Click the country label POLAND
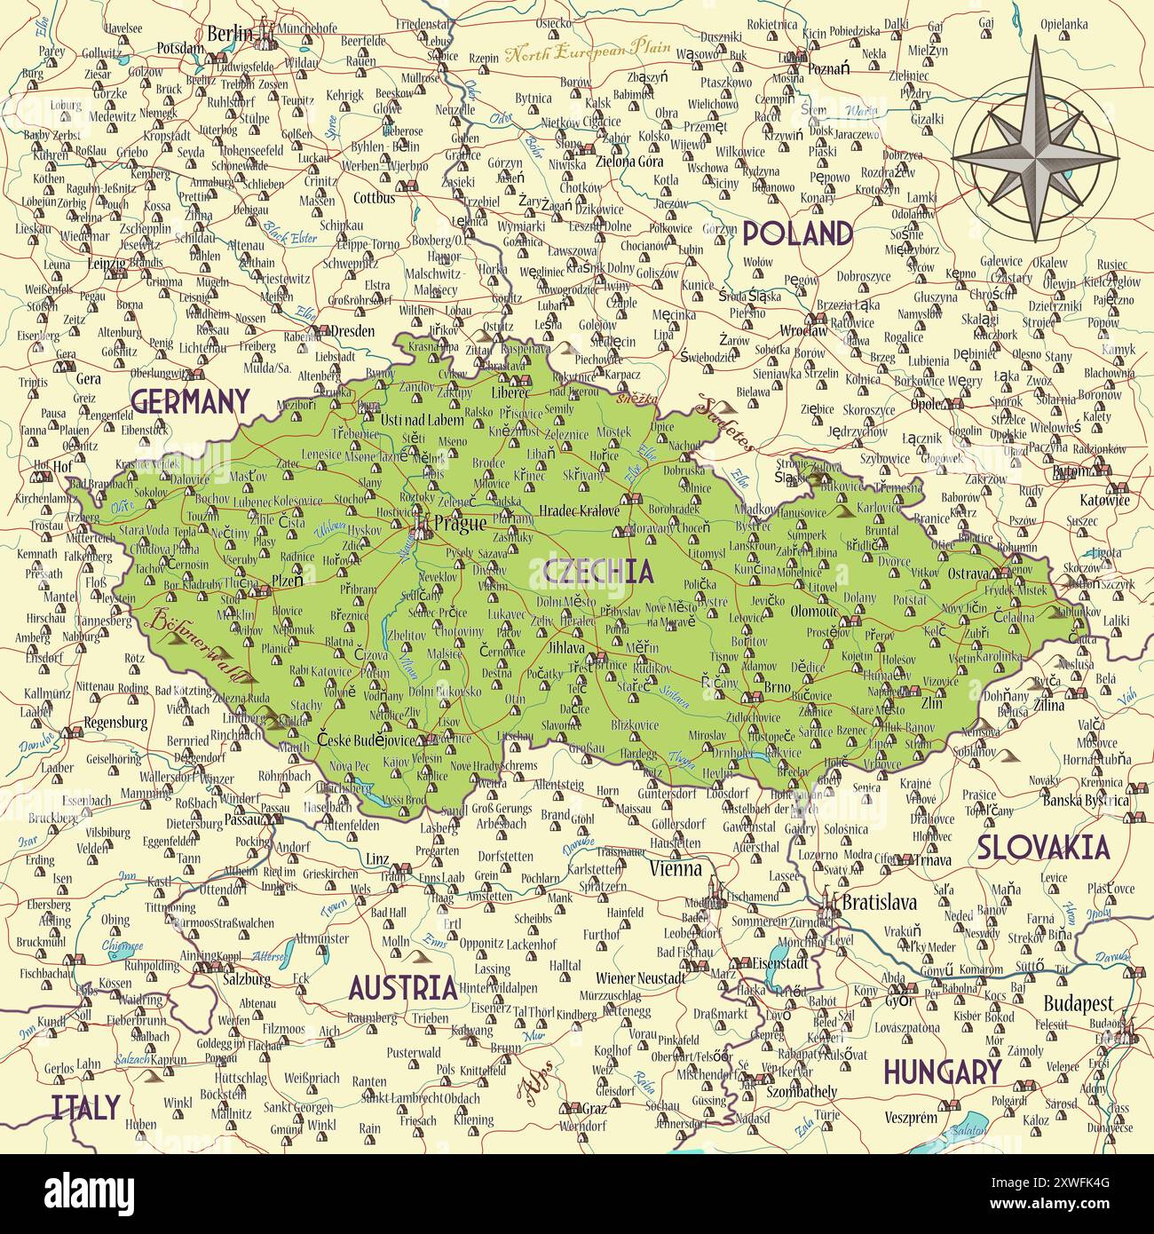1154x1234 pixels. (x=797, y=233)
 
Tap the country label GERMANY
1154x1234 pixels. (x=189, y=401)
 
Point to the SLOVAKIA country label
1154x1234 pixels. (x=1043, y=848)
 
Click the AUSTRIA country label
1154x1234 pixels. (x=402, y=987)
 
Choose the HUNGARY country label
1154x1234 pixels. (x=941, y=1072)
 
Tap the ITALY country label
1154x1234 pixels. (x=85, y=1106)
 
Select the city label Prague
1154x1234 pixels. (x=459, y=524)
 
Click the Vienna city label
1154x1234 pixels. (x=676, y=868)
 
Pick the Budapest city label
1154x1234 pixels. (x=1078, y=1003)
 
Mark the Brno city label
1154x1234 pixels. (x=777, y=687)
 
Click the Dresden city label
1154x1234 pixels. (x=352, y=330)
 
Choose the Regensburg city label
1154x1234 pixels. (x=116, y=722)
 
